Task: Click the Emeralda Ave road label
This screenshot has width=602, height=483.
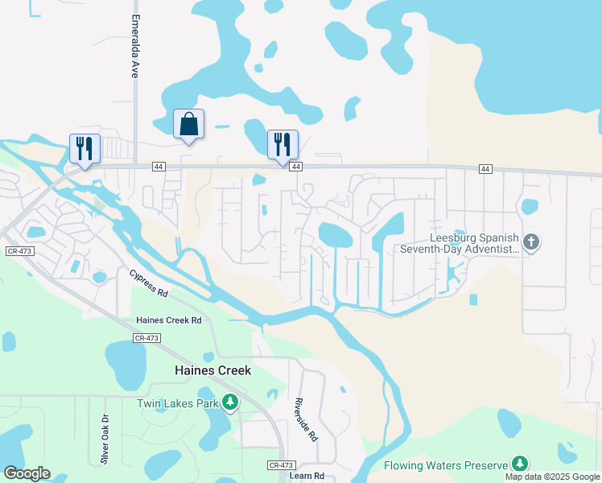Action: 135,46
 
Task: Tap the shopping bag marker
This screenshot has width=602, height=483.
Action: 188,125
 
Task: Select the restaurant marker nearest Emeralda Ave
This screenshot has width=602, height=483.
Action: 85,148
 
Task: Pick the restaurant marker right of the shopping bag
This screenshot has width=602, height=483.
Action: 282,145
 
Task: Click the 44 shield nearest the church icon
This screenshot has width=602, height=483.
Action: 484,168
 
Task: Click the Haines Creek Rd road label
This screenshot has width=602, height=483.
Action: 169,320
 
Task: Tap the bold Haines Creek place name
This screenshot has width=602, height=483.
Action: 213,370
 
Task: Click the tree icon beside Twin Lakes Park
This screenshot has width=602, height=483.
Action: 231,401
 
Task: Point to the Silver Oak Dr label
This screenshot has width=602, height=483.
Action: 105,439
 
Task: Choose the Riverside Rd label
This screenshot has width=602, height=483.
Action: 306,419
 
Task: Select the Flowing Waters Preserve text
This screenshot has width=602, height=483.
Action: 446,464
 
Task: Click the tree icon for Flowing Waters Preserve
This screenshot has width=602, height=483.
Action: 521,464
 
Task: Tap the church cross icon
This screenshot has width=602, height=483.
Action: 530,241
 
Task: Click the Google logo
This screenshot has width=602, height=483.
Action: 27,473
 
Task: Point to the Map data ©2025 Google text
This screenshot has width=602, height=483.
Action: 551,477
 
